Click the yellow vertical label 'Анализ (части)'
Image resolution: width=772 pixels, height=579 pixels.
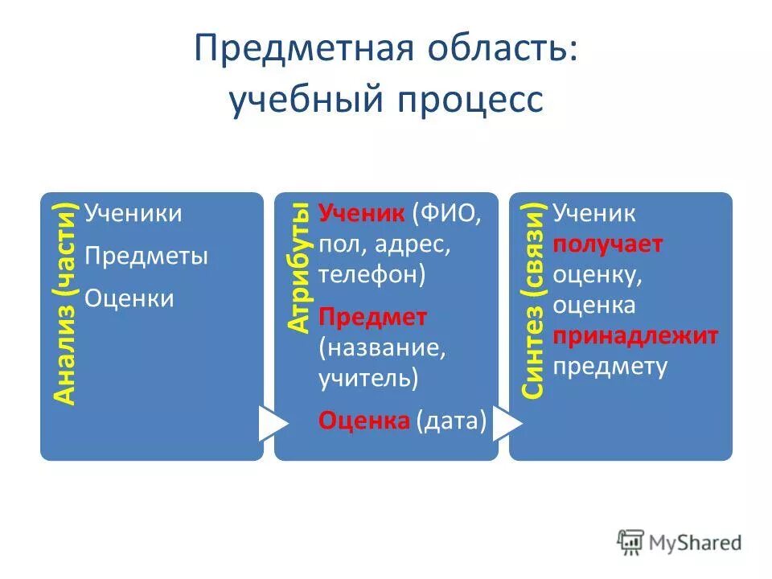click(65, 303)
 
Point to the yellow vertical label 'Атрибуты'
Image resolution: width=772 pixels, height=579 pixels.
click(299, 268)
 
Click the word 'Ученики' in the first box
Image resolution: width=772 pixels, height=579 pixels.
click(133, 214)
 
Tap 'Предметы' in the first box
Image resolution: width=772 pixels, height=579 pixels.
click(146, 257)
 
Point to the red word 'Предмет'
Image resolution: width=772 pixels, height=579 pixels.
click(372, 317)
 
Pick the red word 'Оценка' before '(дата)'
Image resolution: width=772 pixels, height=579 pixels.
click(364, 420)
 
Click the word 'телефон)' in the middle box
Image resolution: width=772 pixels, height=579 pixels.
click(372, 275)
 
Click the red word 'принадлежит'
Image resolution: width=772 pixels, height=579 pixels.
click(636, 335)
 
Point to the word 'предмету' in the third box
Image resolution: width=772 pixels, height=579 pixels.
click(610, 367)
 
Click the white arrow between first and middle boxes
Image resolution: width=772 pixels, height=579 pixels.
click(272, 423)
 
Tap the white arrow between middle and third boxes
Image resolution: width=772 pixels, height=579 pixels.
click(506, 423)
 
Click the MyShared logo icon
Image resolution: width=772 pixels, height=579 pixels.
click(630, 541)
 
